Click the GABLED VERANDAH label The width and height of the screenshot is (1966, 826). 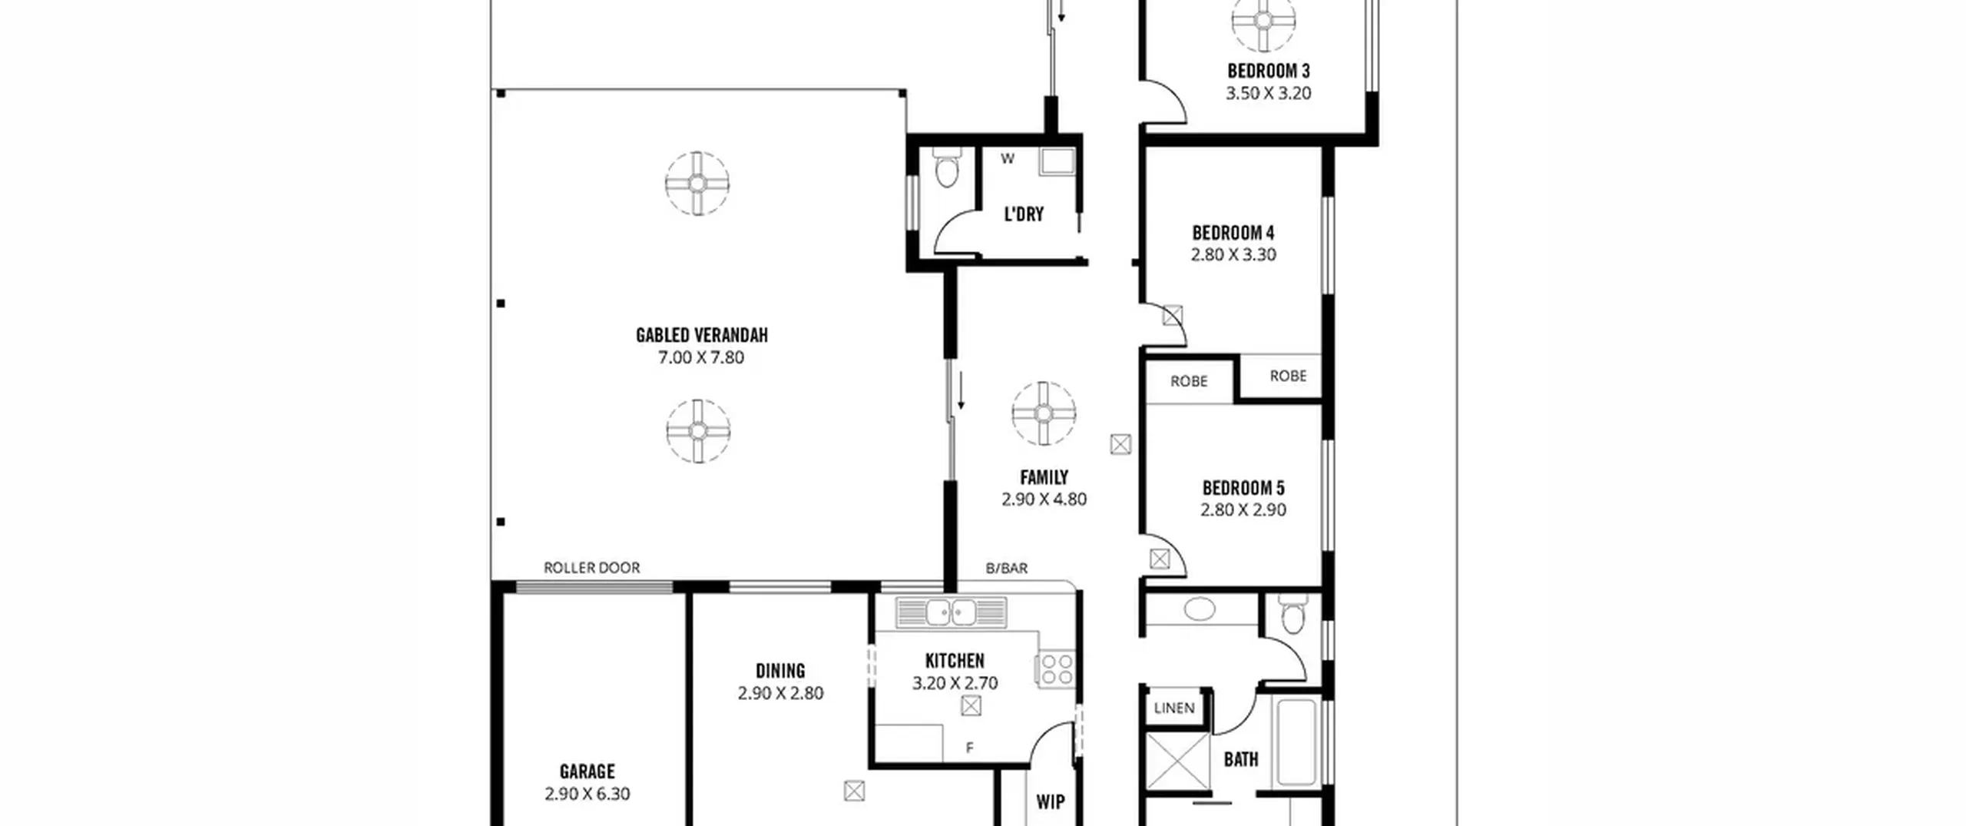click(x=701, y=335)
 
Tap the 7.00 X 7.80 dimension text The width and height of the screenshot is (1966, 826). click(x=701, y=357)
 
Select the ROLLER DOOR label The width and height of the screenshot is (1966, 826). click(x=591, y=568)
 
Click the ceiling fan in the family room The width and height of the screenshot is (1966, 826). click(x=1043, y=413)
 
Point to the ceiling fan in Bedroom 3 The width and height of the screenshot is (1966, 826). click(x=1263, y=21)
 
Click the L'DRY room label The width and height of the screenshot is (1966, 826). click(x=1024, y=214)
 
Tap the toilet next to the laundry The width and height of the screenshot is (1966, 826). click(x=947, y=168)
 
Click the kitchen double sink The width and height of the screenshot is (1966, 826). click(x=951, y=612)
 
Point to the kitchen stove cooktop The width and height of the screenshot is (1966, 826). click(x=1056, y=668)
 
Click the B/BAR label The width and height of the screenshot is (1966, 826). click(x=1007, y=569)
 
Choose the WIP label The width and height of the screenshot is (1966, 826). click(x=1050, y=802)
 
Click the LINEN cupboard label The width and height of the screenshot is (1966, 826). click(x=1174, y=708)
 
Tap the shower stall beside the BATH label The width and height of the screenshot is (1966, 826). click(x=1177, y=761)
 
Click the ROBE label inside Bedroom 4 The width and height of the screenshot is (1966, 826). click(x=1288, y=376)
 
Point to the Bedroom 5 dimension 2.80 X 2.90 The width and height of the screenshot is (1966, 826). click(x=1243, y=509)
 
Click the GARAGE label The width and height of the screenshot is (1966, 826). click(x=587, y=771)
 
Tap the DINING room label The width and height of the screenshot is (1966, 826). click(x=780, y=671)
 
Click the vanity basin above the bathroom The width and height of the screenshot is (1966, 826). click(x=1200, y=610)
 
